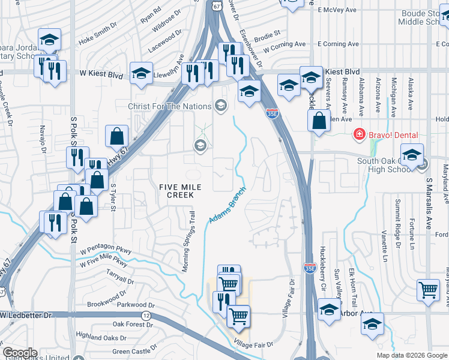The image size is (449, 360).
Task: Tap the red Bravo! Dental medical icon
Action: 359,133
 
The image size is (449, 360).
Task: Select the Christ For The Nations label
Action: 170,106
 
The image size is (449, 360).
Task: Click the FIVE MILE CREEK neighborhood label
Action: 176,191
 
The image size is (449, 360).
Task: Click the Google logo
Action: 20,353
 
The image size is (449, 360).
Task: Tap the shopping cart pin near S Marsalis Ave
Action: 428,291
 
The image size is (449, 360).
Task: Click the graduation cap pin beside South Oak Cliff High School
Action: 412,155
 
